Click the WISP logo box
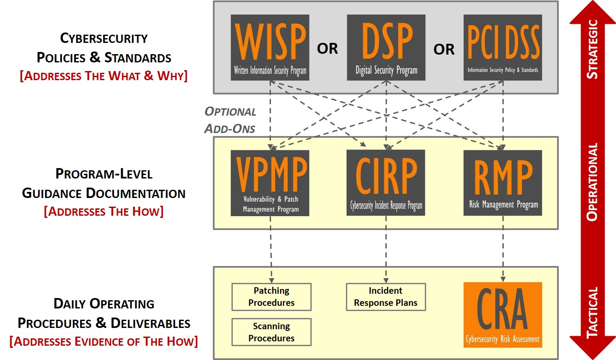point(270,47)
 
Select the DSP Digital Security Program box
point(386,47)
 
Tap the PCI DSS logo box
point(502,47)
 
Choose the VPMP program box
point(270,183)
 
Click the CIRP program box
point(386,182)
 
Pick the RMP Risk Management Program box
point(502,182)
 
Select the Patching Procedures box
point(271,297)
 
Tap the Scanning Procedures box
point(271,332)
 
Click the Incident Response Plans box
point(386,297)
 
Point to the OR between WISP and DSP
point(327,49)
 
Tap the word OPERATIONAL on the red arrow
point(592,182)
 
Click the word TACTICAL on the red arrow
point(592,312)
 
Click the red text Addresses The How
point(104,212)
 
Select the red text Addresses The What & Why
point(104,76)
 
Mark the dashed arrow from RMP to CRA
point(503,247)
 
